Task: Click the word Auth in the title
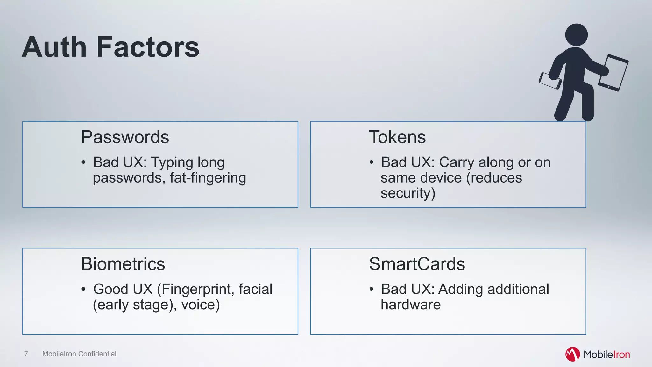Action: click(54, 47)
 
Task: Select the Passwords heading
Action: click(125, 137)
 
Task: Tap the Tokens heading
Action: click(397, 137)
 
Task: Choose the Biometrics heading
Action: click(123, 264)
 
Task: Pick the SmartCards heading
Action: click(417, 264)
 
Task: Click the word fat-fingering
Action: click(208, 178)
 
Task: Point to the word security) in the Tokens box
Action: click(408, 193)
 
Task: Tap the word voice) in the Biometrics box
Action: click(201, 305)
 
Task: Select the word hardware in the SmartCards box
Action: click(411, 305)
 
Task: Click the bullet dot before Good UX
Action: click(83, 289)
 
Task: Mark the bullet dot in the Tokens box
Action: click(371, 162)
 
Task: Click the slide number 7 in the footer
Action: click(26, 354)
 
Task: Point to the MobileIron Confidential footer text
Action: click(79, 354)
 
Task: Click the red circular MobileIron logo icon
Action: click(572, 354)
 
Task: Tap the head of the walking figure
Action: click(576, 35)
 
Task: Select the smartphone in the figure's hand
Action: click(550, 81)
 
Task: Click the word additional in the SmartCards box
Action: click(518, 289)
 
